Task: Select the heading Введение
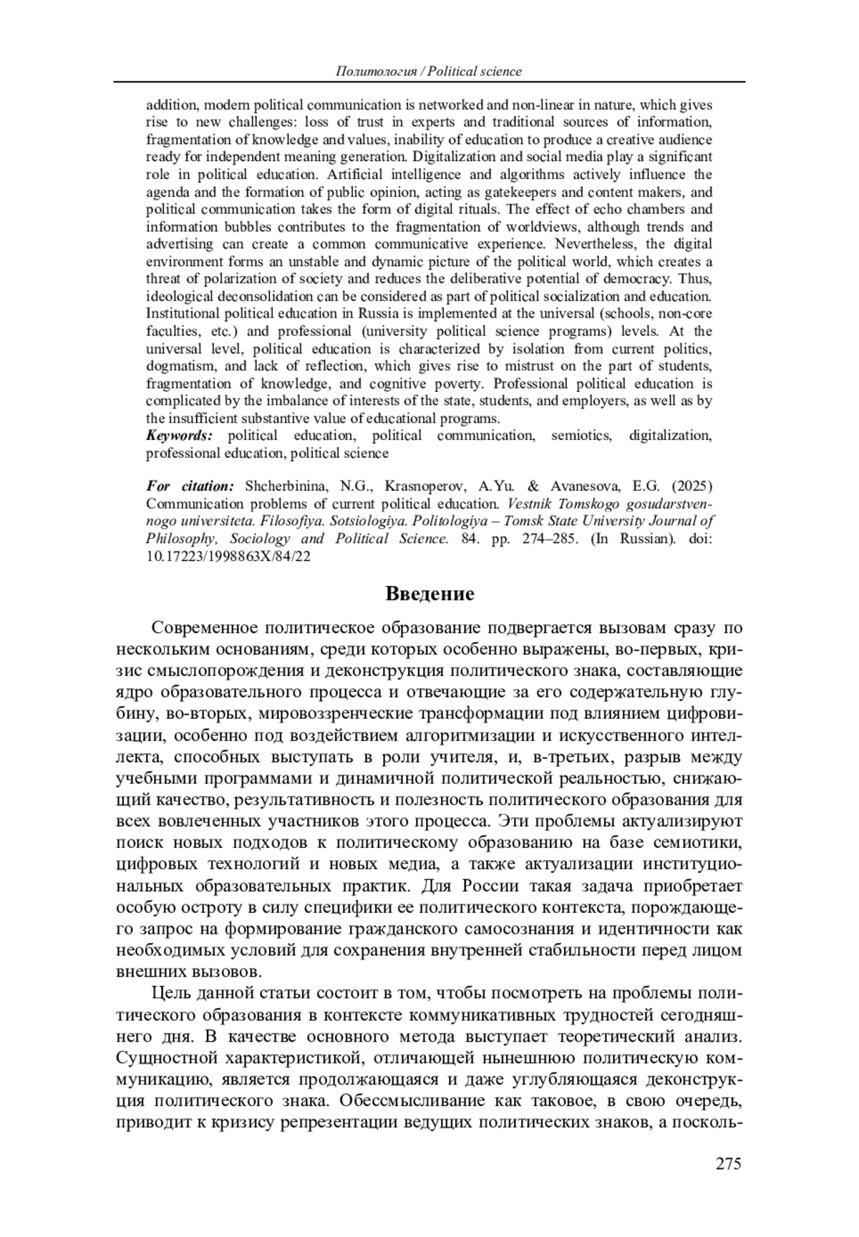[x=429, y=594]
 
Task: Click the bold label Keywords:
[x=180, y=436]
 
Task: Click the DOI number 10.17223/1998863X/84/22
[x=228, y=556]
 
